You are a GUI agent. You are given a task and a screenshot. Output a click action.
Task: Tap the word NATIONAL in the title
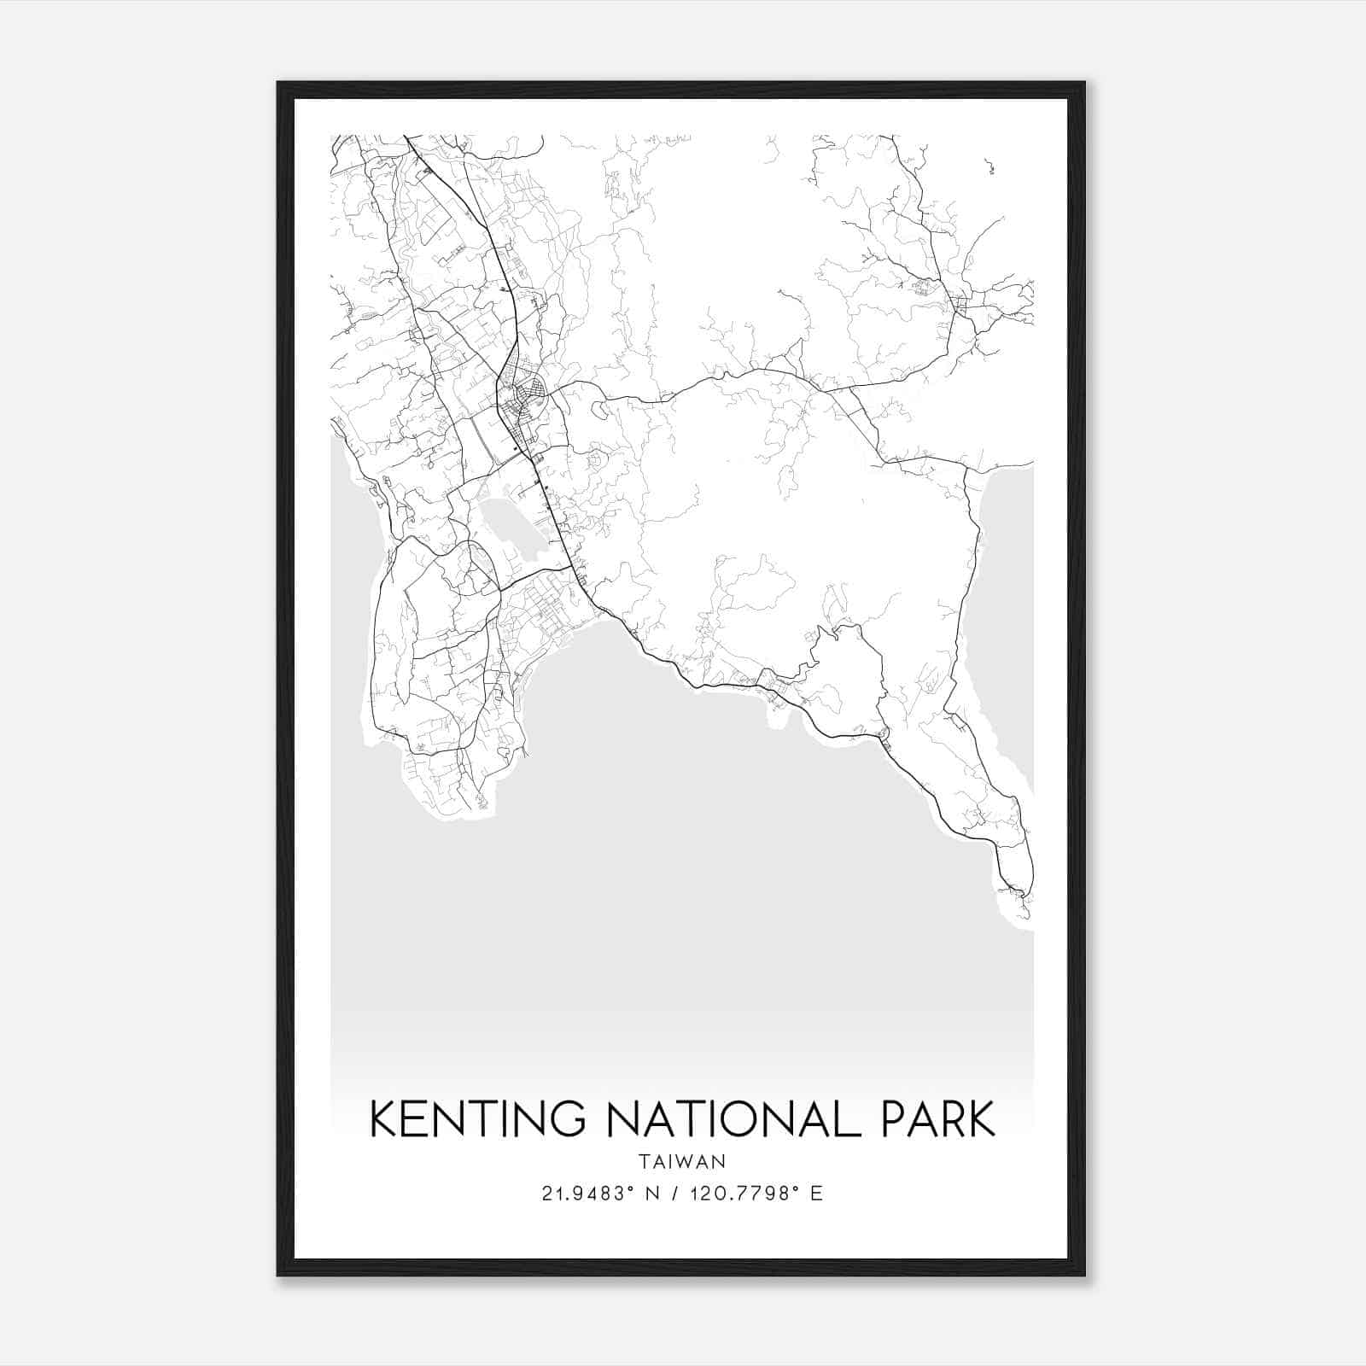coord(728,1119)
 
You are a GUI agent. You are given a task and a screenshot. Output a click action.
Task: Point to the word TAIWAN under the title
coord(682,1162)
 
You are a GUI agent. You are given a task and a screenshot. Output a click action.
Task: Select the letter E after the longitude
coord(816,1194)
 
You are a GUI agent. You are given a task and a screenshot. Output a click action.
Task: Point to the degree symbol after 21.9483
coord(633,1188)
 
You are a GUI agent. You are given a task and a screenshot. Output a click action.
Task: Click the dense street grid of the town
coord(524,397)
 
